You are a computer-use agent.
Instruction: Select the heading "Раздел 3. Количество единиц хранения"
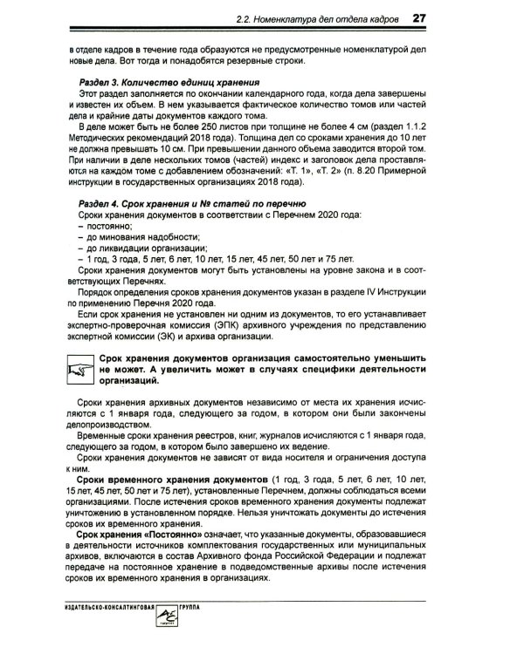149,82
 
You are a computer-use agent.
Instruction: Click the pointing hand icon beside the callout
80,368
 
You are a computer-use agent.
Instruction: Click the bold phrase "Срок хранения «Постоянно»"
141,535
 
